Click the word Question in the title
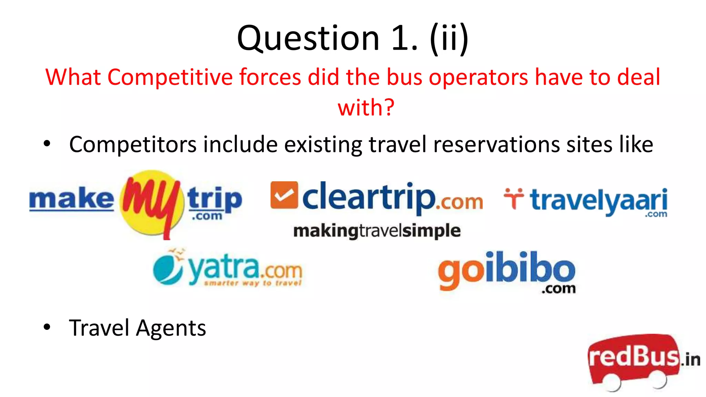pos(308,39)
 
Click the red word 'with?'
pos(366,107)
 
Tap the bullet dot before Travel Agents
pos(47,327)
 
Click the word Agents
pos(171,328)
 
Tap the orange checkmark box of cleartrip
pos(284,195)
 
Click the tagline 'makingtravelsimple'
pos(376,231)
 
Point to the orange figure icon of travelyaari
pos(513,198)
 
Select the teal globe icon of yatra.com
pos(168,269)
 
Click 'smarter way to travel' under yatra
pos(253,283)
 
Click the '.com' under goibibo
pos(558,289)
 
